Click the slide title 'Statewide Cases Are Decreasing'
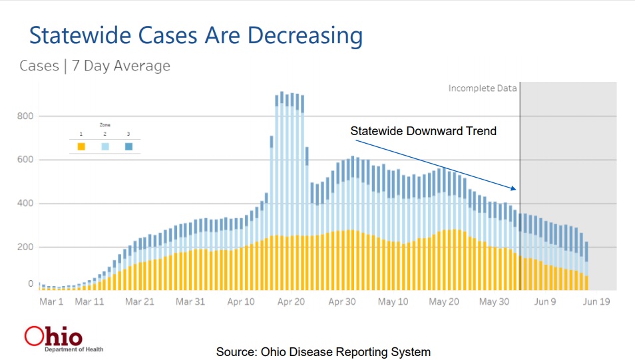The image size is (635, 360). pyautogui.click(x=196, y=35)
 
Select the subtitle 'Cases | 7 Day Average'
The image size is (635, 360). pyautogui.click(x=95, y=66)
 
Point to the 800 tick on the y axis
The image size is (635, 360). pyautogui.click(x=26, y=116)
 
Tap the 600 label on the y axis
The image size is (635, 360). pyautogui.click(x=26, y=160)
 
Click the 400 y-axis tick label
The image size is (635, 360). pyautogui.click(x=26, y=204)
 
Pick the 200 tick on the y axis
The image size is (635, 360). pyautogui.click(x=26, y=247)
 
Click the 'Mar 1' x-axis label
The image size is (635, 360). pyautogui.click(x=51, y=301)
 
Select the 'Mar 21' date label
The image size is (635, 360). pyautogui.click(x=139, y=301)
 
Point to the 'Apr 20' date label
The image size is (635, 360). pyautogui.click(x=291, y=301)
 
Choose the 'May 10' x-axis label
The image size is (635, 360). pyautogui.click(x=393, y=301)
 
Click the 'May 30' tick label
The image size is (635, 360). pyautogui.click(x=494, y=301)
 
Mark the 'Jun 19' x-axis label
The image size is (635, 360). pyautogui.click(x=596, y=301)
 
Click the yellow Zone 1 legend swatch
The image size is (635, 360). pyautogui.click(x=81, y=146)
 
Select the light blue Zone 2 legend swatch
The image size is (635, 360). pyautogui.click(x=105, y=146)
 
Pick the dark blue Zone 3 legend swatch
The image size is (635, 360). pyautogui.click(x=128, y=146)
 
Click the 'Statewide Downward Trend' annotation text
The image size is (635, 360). pyautogui.click(x=423, y=131)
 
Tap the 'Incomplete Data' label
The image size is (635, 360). pyautogui.click(x=482, y=88)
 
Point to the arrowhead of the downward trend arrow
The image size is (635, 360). pyautogui.click(x=516, y=190)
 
